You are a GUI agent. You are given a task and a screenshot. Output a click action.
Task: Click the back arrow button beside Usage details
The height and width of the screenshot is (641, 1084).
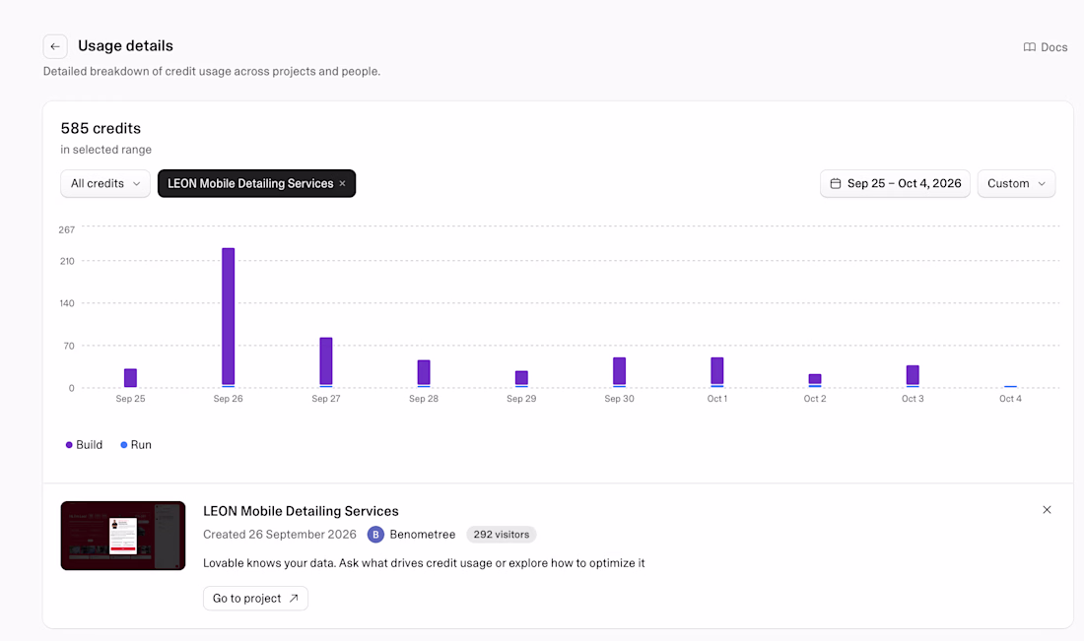(55, 46)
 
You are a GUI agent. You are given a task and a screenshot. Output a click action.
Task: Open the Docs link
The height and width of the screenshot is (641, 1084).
(1046, 47)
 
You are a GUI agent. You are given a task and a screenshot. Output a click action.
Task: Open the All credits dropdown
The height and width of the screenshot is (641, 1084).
(105, 184)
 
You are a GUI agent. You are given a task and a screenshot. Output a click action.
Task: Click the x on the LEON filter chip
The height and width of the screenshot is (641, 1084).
(342, 184)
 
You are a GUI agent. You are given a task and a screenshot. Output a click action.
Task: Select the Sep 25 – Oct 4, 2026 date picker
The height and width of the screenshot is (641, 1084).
(895, 184)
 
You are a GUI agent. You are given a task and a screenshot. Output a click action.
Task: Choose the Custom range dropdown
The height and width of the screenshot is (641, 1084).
(1016, 184)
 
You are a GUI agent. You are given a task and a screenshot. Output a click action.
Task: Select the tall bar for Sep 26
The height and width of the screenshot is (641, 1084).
(229, 317)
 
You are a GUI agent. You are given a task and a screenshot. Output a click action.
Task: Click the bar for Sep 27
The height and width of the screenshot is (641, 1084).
(326, 362)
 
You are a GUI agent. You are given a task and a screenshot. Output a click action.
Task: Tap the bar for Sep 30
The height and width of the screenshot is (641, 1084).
(620, 372)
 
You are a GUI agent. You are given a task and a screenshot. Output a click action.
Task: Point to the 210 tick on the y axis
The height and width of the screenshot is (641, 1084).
(67, 261)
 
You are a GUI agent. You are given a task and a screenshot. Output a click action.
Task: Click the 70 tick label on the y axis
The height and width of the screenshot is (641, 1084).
(69, 346)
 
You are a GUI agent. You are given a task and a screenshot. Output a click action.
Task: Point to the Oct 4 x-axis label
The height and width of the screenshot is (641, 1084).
(1010, 399)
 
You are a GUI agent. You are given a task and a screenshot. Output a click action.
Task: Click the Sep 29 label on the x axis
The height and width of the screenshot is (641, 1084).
(521, 399)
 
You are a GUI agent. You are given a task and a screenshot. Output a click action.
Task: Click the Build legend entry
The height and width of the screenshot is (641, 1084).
(84, 445)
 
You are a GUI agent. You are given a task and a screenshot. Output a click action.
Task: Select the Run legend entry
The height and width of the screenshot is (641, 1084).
(136, 445)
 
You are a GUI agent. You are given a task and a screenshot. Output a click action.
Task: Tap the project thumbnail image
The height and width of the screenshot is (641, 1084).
(123, 536)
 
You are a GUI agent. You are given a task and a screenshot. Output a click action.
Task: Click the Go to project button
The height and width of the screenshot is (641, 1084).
(256, 599)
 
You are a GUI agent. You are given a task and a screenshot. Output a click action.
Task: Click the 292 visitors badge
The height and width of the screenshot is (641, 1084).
(502, 535)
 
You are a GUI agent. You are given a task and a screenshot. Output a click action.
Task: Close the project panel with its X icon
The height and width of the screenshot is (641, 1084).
(1047, 510)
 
